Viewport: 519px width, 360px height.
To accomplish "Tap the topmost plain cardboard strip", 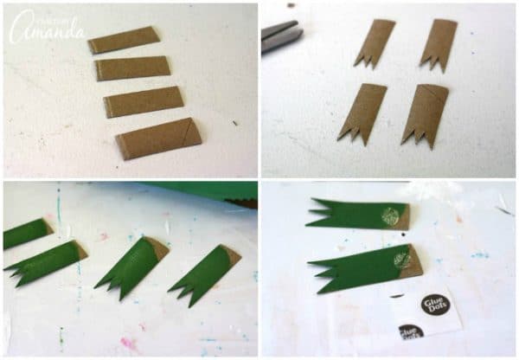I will [125, 40].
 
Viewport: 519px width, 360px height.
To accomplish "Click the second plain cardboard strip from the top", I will [134, 67].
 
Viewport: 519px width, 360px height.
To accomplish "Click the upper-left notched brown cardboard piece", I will [374, 43].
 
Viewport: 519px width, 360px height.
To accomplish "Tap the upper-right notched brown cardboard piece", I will [438, 44].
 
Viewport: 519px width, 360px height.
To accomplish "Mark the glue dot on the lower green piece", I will [402, 258].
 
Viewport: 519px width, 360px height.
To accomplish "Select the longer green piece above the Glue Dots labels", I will [363, 266].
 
